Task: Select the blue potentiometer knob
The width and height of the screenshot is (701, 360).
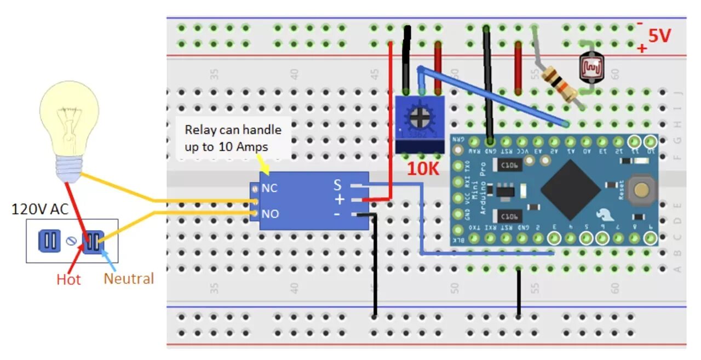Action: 420,117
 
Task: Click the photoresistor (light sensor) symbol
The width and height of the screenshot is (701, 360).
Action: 591,67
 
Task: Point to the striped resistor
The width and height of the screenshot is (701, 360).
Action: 559,83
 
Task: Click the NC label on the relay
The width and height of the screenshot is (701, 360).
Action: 269,188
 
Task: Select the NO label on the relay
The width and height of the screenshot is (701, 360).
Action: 270,213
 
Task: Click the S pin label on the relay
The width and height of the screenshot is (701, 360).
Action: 337,185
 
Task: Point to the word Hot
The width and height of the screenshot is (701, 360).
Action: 68,279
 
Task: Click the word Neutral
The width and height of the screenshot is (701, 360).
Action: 129,278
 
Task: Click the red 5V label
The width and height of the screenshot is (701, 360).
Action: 659,36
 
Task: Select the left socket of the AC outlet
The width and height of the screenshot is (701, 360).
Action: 49,241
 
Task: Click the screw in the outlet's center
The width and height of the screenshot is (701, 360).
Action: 71,241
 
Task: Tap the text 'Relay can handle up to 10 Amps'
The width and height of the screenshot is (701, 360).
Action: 233,138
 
